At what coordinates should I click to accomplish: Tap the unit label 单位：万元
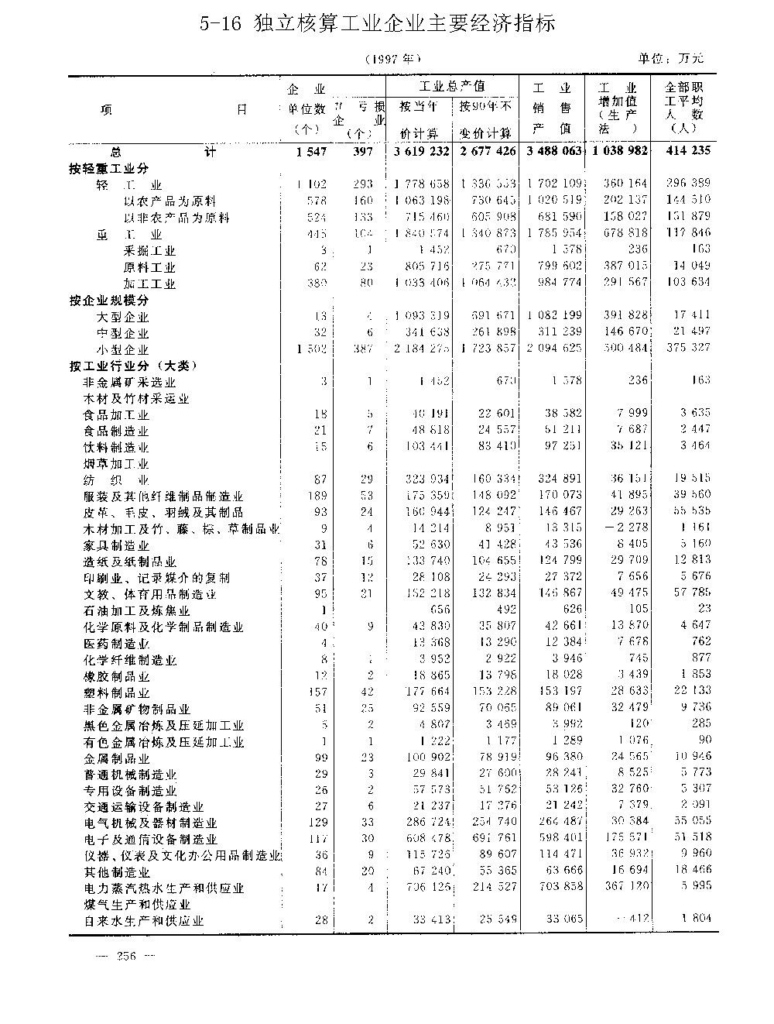pyautogui.click(x=672, y=59)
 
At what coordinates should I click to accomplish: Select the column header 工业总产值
pyautogui.click(x=452, y=86)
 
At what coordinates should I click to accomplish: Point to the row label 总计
pyautogui.click(x=162, y=153)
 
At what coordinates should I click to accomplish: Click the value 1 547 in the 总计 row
pyautogui.click(x=312, y=152)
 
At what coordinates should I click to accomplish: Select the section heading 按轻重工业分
pyautogui.click(x=108, y=169)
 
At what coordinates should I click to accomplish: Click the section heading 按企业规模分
pyautogui.click(x=108, y=301)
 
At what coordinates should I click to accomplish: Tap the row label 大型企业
pyautogui.click(x=122, y=317)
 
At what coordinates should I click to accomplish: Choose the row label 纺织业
pyautogui.click(x=116, y=480)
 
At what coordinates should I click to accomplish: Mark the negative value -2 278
pyautogui.click(x=616, y=529)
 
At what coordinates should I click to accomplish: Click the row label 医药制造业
pyautogui.click(x=116, y=644)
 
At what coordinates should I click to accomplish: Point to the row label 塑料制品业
pyautogui.click(x=116, y=693)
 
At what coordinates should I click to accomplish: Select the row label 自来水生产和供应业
pyautogui.click(x=144, y=922)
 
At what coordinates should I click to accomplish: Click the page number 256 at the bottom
pyautogui.click(x=125, y=956)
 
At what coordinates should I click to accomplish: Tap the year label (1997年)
pyautogui.click(x=394, y=59)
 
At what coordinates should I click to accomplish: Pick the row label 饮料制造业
pyautogui.click(x=116, y=448)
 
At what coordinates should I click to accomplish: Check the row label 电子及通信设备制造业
pyautogui.click(x=150, y=840)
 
